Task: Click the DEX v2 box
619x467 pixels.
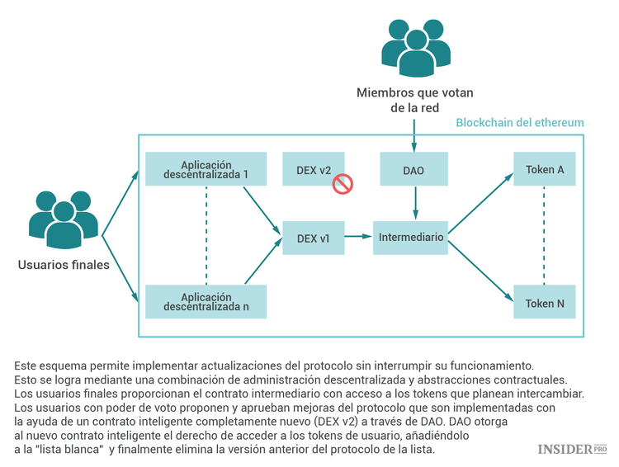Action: (x=313, y=169)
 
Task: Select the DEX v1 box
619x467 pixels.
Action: (x=313, y=238)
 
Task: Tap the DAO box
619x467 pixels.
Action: (x=413, y=169)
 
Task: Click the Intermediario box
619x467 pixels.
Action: (x=411, y=237)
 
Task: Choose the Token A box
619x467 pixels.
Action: (x=545, y=169)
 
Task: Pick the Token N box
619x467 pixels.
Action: (x=545, y=303)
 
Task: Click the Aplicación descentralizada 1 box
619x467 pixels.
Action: (x=206, y=169)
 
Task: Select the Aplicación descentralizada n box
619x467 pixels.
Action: (x=206, y=301)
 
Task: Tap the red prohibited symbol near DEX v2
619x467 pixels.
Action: (x=343, y=183)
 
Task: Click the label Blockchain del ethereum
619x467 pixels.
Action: (x=520, y=123)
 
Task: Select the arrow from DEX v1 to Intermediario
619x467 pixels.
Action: (x=357, y=237)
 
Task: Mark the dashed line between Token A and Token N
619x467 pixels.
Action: (x=545, y=236)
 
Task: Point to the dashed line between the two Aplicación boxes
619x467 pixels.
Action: (x=206, y=235)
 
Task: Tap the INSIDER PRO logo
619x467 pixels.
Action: (x=571, y=449)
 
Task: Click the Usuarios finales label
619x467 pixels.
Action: (x=64, y=265)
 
